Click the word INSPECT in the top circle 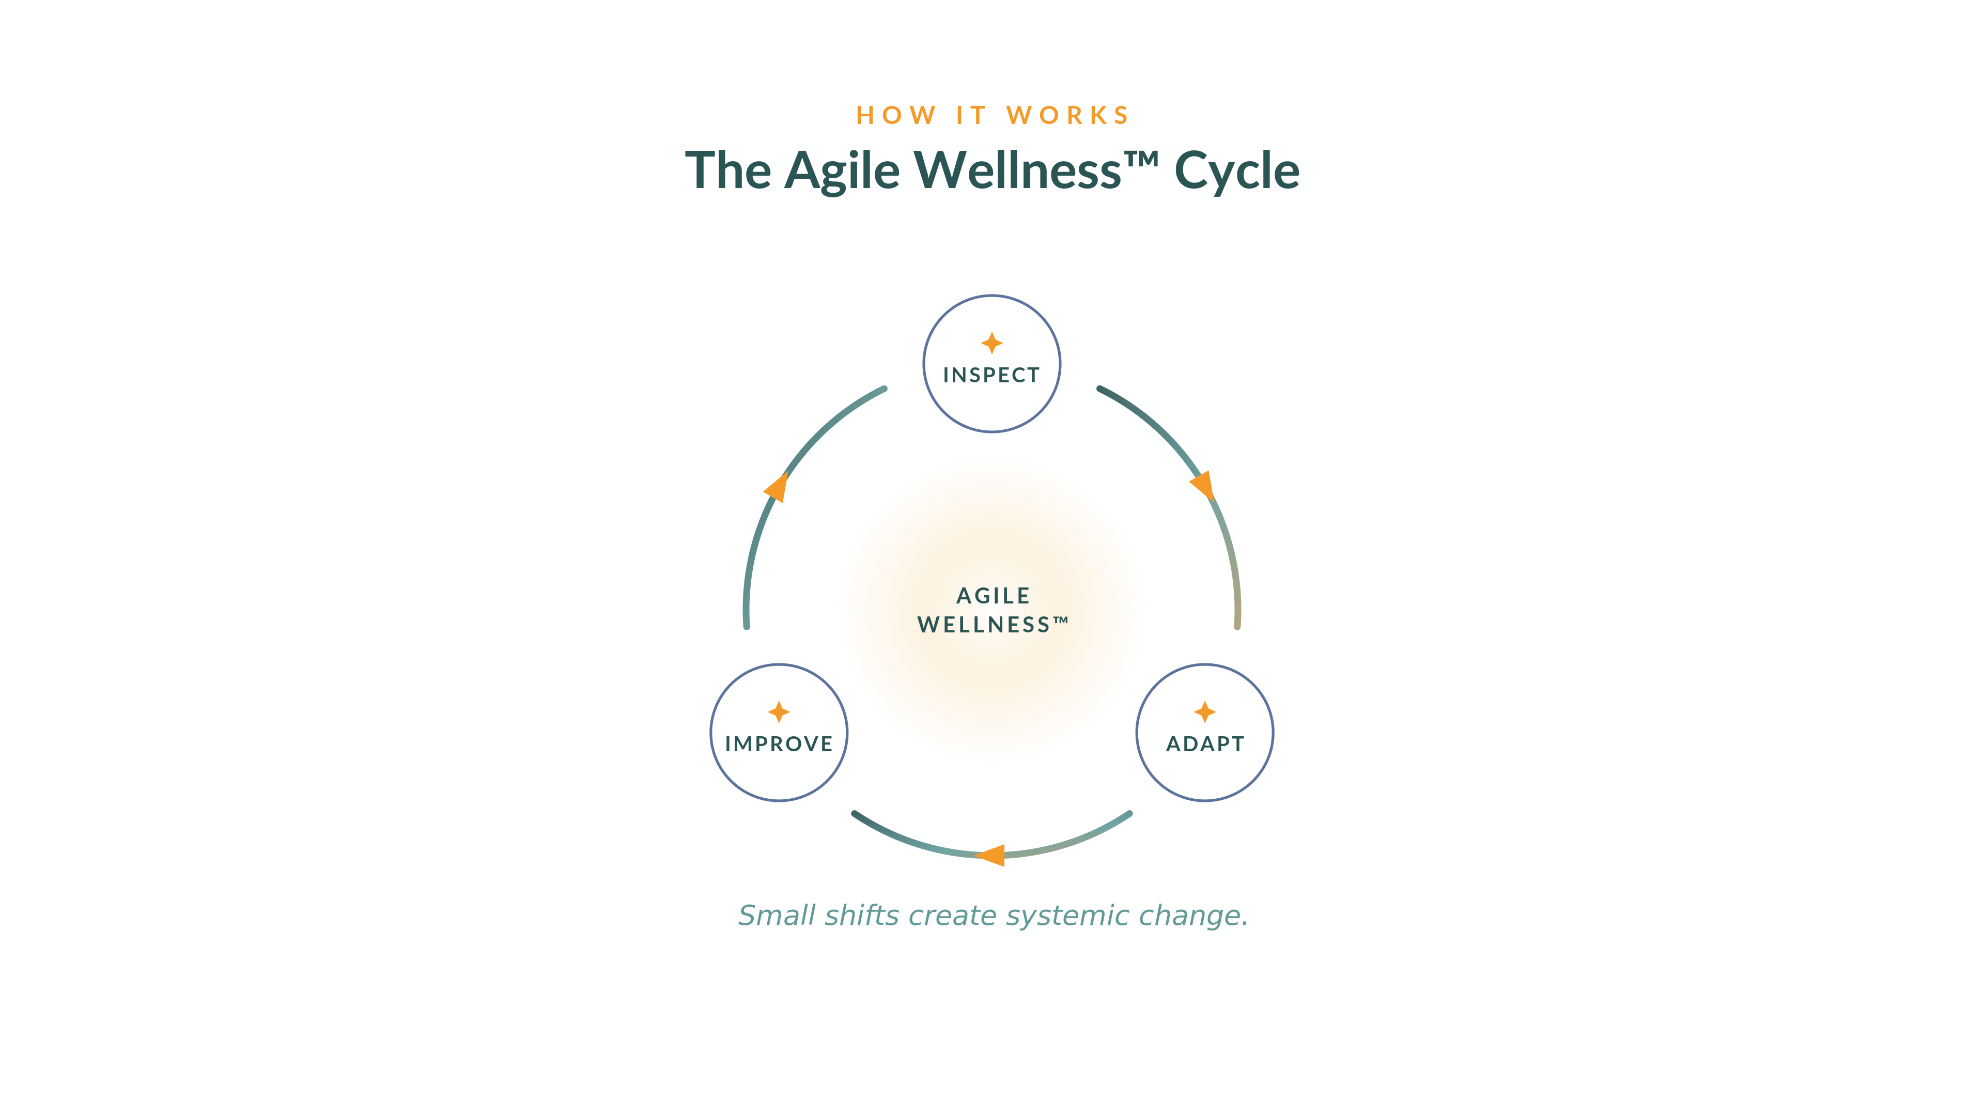[x=991, y=375]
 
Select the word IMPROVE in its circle [x=779, y=744]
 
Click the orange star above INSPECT [x=992, y=343]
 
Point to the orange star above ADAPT [x=1205, y=711]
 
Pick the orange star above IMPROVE [x=779, y=711]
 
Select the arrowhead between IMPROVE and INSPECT [x=777, y=488]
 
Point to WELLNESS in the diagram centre [x=984, y=625]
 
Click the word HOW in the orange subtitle [x=896, y=116]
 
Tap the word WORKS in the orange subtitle [x=1067, y=116]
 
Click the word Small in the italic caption [x=777, y=915]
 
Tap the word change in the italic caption [x=1189, y=916]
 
